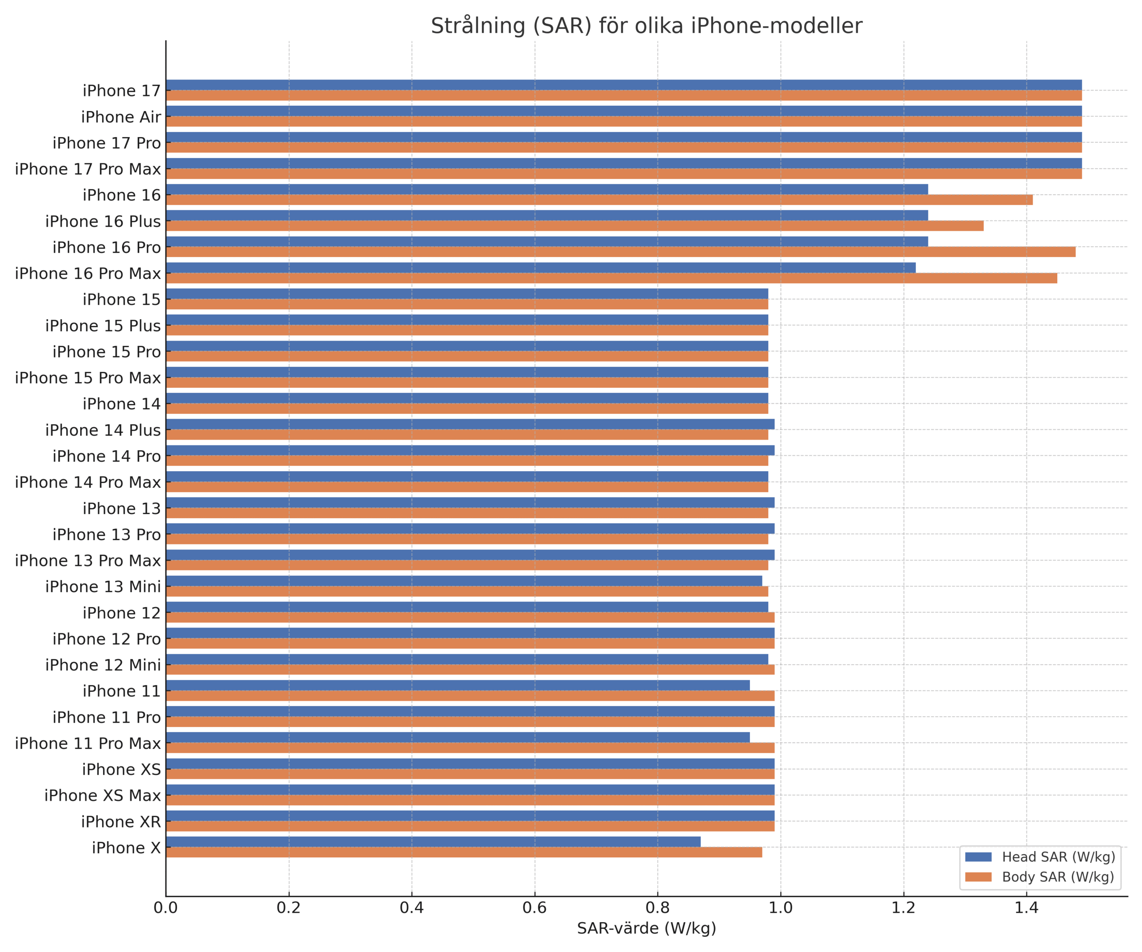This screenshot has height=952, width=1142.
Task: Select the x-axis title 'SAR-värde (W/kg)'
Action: click(646, 928)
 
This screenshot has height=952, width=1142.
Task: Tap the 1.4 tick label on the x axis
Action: click(1026, 907)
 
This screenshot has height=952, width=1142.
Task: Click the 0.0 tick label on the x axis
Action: click(166, 907)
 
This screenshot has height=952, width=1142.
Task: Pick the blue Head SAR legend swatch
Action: click(978, 857)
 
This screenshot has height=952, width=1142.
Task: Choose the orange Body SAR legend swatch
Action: click(978, 877)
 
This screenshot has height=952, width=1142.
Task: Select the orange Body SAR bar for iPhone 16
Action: click(599, 200)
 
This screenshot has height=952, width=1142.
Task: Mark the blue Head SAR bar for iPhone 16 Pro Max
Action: click(541, 268)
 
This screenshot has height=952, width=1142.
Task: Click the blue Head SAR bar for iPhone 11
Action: click(457, 686)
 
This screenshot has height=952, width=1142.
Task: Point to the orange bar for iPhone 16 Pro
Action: click(621, 252)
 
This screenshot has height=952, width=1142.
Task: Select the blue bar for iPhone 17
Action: click(624, 85)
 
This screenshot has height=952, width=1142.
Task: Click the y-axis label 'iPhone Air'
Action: click(121, 117)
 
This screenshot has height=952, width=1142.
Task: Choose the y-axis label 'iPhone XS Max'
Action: click(102, 795)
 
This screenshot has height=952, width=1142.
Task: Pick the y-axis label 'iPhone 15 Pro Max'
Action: click(87, 378)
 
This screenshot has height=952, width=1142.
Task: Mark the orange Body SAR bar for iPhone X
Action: click(463, 852)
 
